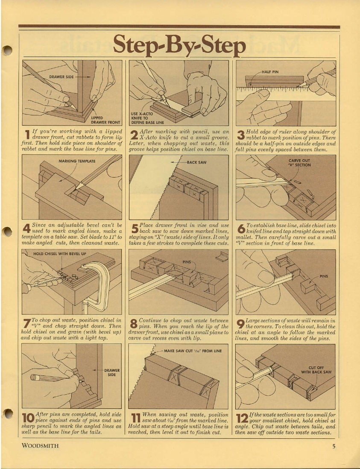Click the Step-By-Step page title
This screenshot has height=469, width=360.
179,45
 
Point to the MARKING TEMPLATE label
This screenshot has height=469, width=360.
77,161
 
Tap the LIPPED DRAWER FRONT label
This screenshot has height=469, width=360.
105,120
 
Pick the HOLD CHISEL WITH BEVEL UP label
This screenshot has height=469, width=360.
59,254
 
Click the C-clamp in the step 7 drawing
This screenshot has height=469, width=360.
93,284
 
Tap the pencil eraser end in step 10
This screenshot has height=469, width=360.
32,377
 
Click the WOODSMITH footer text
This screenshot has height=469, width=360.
41,446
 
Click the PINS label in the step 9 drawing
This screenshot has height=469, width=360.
324,277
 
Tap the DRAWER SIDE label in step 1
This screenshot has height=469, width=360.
61,77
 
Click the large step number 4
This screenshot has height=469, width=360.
26,229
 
